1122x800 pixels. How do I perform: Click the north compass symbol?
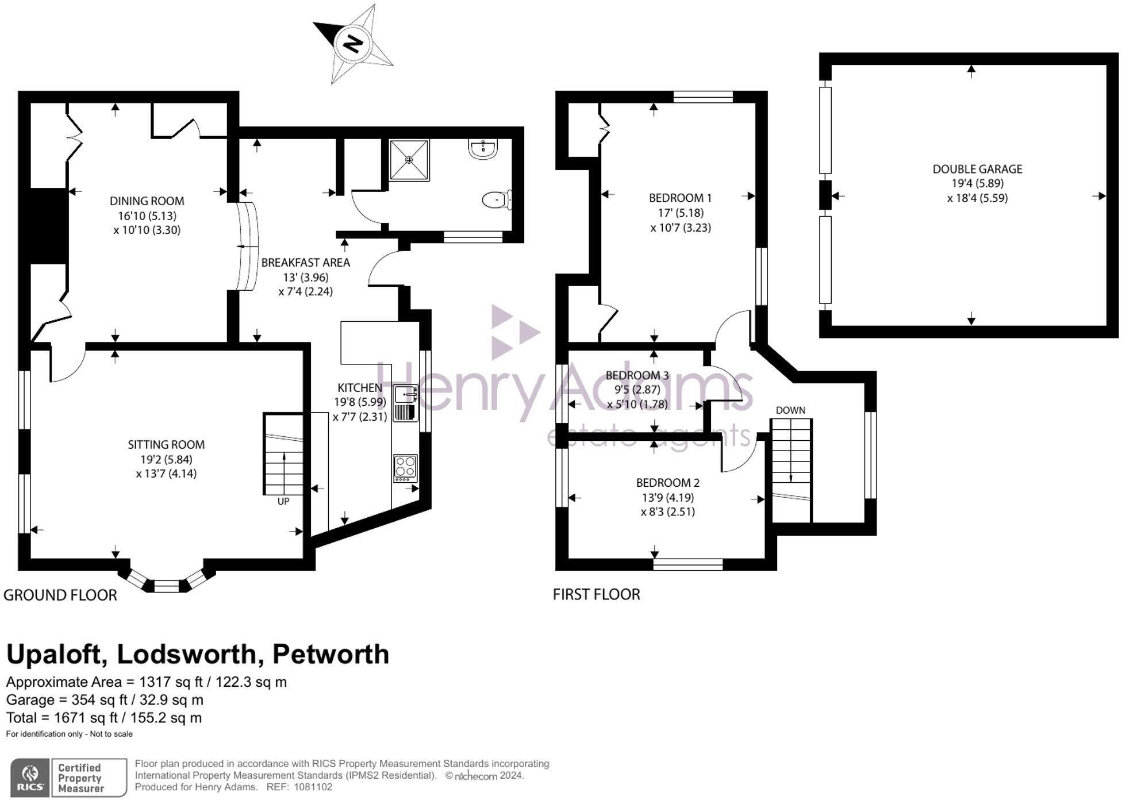(353, 44)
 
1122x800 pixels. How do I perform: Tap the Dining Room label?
(147, 201)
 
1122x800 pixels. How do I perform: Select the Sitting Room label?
(166, 445)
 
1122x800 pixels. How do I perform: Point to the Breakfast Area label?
(305, 263)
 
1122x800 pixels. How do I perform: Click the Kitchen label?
(359, 388)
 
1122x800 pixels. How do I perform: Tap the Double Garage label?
(977, 169)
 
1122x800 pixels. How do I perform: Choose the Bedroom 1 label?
(680, 198)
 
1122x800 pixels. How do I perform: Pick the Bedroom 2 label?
(667, 483)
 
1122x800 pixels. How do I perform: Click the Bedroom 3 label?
(637, 375)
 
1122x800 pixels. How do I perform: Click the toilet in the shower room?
(496, 200)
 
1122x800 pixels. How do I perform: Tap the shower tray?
(409, 159)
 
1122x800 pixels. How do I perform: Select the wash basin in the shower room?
(483, 148)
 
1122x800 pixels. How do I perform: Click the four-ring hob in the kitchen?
(405, 468)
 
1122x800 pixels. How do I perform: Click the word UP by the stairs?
(283, 501)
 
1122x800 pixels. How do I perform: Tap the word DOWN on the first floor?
(790, 410)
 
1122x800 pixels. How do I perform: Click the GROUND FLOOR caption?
(60, 595)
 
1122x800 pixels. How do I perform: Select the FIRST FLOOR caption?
(596, 594)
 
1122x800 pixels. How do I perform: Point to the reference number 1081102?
(313, 787)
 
